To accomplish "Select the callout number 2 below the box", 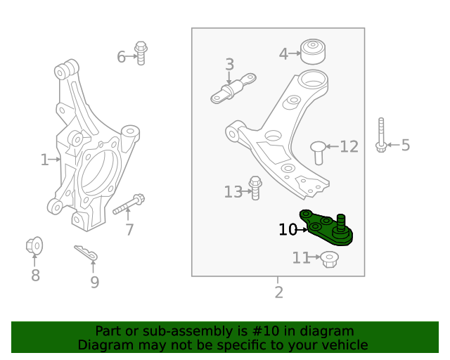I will (x=278, y=292).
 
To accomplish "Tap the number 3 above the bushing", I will (x=229, y=65).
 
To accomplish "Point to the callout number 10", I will (x=288, y=229).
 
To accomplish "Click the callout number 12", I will (x=349, y=146).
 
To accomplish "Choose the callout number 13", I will (x=233, y=191).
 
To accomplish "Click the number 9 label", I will (x=94, y=282).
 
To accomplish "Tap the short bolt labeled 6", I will (x=141, y=53).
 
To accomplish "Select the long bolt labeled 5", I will (x=380, y=135).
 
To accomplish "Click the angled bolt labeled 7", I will (x=129, y=205).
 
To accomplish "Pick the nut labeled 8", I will (x=34, y=246).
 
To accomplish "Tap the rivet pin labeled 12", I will (x=319, y=151).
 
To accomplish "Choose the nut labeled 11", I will (x=328, y=259).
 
